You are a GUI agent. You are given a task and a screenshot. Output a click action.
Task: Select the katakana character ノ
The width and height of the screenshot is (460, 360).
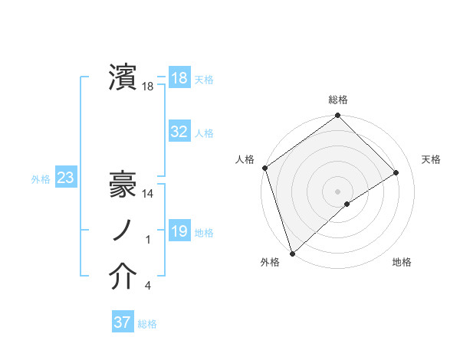[x=123, y=231]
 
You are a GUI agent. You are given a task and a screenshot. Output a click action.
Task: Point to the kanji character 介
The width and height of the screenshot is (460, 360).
[x=123, y=277]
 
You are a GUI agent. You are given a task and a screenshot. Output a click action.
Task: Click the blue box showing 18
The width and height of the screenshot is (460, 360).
[x=179, y=78]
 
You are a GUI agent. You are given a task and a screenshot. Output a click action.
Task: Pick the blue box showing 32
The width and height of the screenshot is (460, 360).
[x=179, y=132]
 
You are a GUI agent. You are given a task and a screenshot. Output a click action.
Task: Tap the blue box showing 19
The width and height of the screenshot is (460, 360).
[x=179, y=231]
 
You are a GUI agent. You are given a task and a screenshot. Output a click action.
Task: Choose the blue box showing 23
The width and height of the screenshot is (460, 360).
[x=65, y=178]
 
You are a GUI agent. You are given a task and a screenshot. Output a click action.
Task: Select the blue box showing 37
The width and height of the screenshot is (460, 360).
[x=122, y=322]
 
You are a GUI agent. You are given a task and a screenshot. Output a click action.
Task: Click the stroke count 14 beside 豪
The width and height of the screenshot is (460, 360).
[x=149, y=195]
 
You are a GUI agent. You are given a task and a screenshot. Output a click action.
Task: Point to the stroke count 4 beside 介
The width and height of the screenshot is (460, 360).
[x=148, y=286]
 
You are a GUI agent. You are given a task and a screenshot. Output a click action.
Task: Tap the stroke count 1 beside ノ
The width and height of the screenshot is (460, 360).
[x=148, y=241]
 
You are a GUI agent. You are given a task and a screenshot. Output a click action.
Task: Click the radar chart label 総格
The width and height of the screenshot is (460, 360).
[x=338, y=100]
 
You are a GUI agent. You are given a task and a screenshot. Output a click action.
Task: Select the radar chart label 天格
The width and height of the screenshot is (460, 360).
[x=432, y=159]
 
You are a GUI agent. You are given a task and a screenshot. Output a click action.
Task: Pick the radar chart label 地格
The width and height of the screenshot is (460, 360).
[x=402, y=262]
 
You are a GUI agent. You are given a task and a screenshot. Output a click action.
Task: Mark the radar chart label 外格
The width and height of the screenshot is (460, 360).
[x=270, y=262]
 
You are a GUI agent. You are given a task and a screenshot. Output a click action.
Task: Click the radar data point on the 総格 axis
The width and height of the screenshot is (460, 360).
[x=338, y=116]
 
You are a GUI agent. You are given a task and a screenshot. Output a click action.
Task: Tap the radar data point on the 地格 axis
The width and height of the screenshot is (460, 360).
[x=347, y=204]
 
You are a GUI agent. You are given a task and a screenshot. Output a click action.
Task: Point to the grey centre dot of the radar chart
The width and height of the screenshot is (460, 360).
[x=338, y=191]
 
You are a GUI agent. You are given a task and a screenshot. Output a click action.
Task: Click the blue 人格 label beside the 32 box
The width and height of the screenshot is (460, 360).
[x=204, y=133]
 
